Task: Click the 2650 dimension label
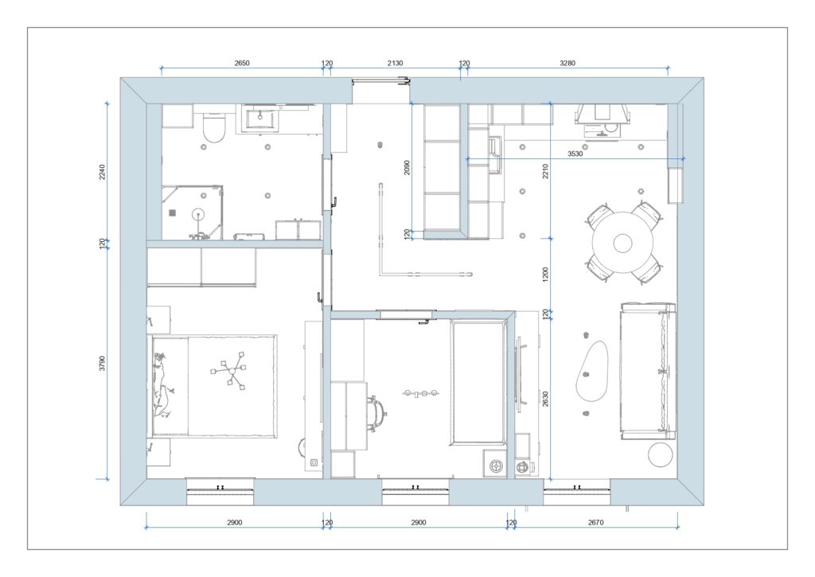point(242,63)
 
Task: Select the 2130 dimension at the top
point(395,63)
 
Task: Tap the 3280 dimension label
point(567,63)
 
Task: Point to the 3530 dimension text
point(575,154)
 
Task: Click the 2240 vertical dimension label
point(102,172)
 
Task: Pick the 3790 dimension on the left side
point(102,364)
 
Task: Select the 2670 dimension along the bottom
point(595,522)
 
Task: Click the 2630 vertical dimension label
point(545,400)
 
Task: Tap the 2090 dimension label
point(407,167)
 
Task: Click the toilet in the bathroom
point(213,128)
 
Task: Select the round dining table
point(622,243)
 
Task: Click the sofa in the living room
point(648,371)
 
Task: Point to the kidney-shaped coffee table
point(592,371)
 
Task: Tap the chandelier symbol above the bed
point(229,370)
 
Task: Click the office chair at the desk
point(376,414)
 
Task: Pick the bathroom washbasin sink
point(259,119)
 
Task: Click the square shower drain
point(173,212)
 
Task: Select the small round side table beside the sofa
point(661,455)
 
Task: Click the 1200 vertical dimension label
point(545,275)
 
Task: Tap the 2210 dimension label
point(545,171)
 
